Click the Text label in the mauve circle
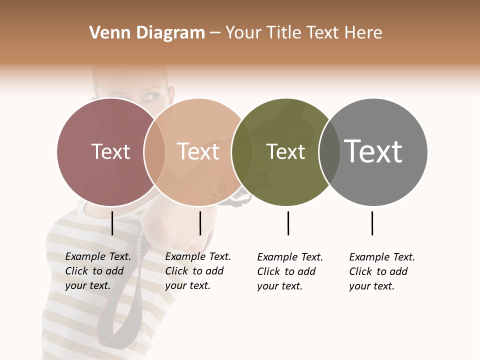(x=110, y=151)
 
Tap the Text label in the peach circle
(x=198, y=151)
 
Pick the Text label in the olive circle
(x=285, y=152)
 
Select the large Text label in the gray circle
(x=373, y=151)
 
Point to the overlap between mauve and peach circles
(x=154, y=152)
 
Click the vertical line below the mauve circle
(x=112, y=223)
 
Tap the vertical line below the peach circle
(x=200, y=223)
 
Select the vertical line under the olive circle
(x=288, y=223)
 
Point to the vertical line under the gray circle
(x=372, y=223)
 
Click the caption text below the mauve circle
(x=97, y=271)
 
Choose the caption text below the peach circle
(x=197, y=271)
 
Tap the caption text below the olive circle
(x=289, y=271)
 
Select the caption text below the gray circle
(x=381, y=271)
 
